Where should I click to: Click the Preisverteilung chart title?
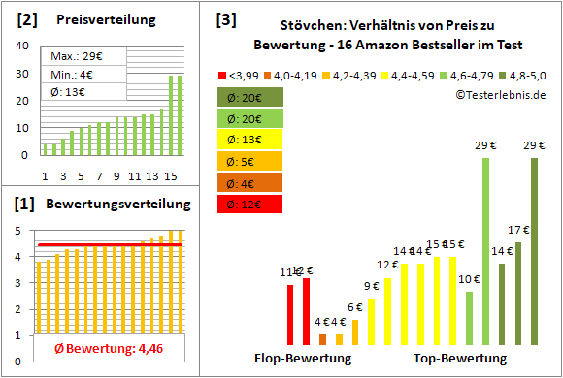[96, 20]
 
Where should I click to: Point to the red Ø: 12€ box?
[250, 205]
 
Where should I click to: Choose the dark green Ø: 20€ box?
[250, 97]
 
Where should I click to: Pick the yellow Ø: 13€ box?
[250, 140]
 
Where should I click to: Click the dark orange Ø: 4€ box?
[250, 183]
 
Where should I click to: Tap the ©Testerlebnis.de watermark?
[501, 94]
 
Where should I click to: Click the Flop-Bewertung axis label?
[302, 359]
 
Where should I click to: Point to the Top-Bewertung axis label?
[460, 359]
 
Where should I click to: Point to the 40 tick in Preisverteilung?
[21, 45]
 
